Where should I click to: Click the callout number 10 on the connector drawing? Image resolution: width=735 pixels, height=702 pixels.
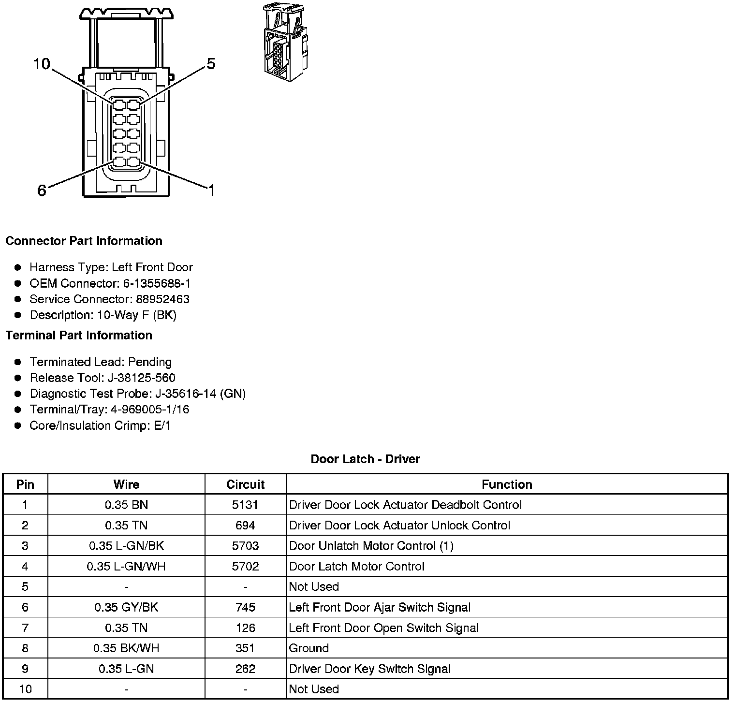[42, 64]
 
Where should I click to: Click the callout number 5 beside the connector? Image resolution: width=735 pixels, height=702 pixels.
[211, 64]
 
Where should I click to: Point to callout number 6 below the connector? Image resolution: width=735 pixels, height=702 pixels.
[42, 191]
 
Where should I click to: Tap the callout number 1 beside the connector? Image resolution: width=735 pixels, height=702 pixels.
[211, 190]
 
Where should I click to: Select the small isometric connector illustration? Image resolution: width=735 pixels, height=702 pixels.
[285, 43]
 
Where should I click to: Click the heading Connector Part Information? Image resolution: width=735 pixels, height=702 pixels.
[84, 241]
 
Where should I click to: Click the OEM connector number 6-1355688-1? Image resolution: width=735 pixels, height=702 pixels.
[156, 283]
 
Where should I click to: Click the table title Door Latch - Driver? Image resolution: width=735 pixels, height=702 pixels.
[365, 459]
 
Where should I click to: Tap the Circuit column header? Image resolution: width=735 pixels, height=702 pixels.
[245, 484]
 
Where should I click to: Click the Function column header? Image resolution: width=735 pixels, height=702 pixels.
[506, 484]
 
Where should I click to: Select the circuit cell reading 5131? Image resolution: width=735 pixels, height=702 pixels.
[245, 505]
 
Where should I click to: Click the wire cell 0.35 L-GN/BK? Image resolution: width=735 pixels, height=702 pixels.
[126, 546]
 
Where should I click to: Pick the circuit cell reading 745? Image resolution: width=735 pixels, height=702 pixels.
[245, 607]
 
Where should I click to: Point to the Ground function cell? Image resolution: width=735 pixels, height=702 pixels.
[309, 648]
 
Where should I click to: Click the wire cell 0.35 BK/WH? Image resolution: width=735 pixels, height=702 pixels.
[126, 648]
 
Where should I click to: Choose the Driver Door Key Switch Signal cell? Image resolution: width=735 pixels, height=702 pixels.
[369, 669]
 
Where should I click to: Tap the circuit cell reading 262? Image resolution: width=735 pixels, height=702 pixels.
[245, 669]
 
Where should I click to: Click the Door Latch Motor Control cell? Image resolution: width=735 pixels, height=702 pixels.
[356, 566]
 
